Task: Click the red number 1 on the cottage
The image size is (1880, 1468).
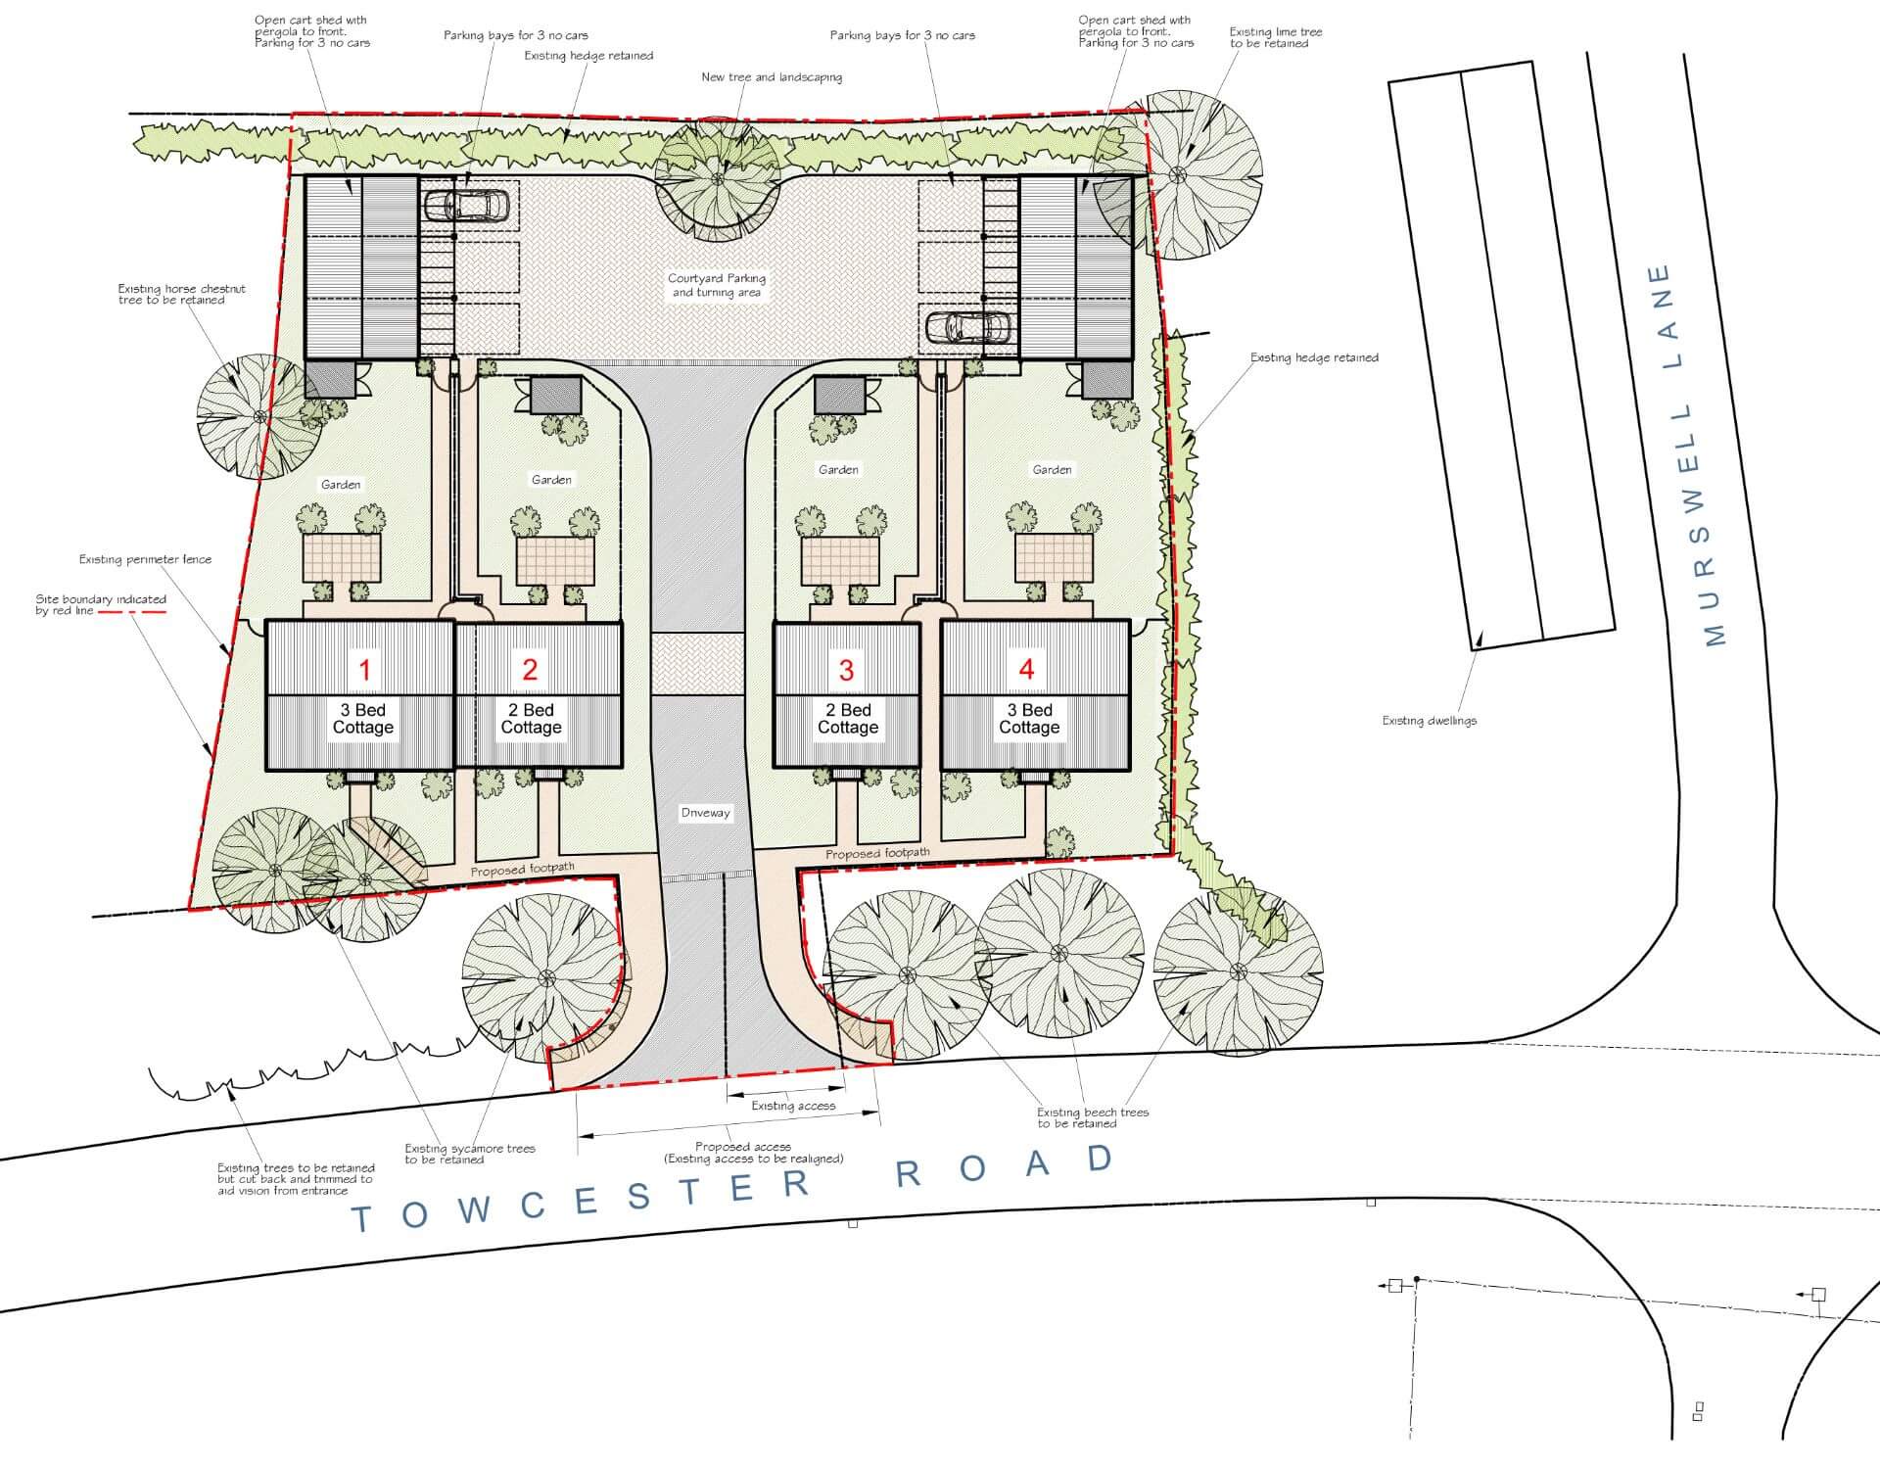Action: [365, 670]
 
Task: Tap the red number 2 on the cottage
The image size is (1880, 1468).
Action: [530, 670]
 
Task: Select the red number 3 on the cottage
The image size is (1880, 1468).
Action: [846, 670]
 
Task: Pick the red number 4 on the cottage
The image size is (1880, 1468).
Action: [1026, 669]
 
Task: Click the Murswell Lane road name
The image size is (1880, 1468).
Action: [1686, 454]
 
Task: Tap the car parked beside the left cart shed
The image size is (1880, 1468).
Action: [466, 206]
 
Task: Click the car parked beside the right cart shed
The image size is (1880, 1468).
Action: [968, 327]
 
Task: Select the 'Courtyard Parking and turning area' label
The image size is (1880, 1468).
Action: [717, 285]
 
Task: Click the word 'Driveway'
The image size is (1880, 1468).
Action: [705, 813]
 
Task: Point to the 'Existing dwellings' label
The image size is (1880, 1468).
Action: [1430, 721]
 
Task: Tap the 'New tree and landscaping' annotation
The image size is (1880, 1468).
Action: [772, 77]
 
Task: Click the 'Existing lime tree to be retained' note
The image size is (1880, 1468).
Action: [1276, 37]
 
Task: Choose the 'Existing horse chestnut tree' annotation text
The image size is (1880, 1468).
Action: [182, 295]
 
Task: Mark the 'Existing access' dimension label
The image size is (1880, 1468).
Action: [793, 1106]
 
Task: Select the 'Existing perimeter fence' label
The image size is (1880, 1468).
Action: [145, 559]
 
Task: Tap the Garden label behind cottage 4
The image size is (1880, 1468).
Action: [1052, 470]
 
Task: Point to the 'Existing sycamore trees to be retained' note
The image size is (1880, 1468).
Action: [470, 1154]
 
